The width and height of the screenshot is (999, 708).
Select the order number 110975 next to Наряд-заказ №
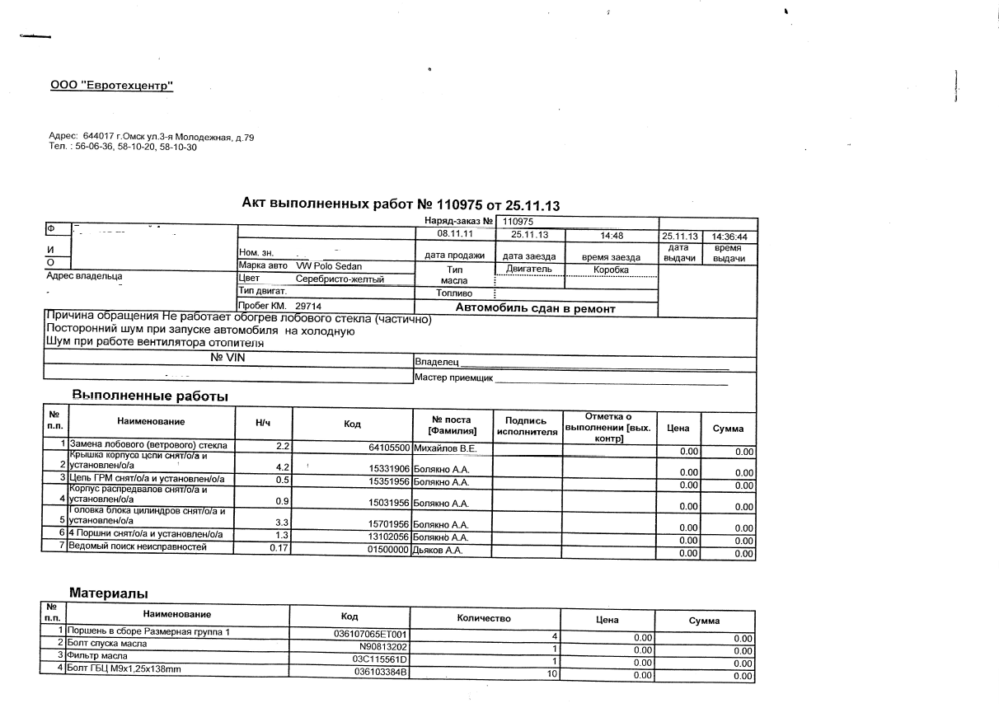[x=518, y=221]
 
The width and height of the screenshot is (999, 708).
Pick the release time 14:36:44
[x=729, y=237]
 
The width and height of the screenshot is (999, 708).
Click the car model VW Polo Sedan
[x=328, y=266]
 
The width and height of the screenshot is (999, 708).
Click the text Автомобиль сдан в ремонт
[x=535, y=309]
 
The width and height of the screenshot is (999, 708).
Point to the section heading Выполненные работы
[x=150, y=396]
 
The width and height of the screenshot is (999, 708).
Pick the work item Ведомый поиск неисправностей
[x=138, y=547]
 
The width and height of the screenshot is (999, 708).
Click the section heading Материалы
[x=108, y=593]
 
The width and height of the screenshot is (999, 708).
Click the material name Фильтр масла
[x=96, y=655]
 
